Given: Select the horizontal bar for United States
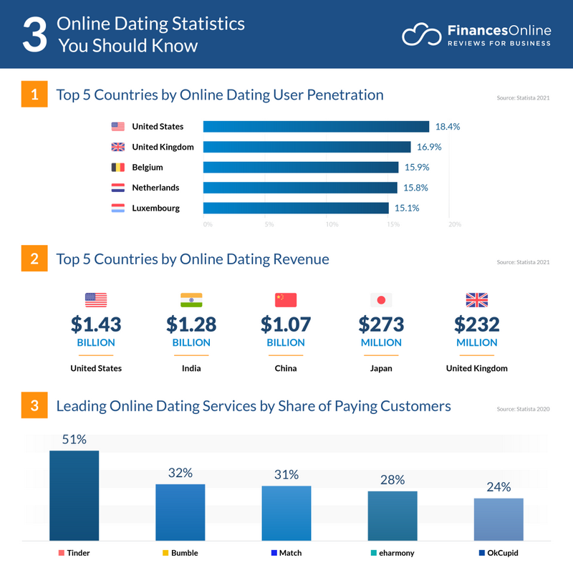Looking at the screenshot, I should click(316, 127).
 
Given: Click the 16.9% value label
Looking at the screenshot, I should click(428, 147).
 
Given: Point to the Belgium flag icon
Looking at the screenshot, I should click(118, 168).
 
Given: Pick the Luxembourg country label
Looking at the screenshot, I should click(155, 208).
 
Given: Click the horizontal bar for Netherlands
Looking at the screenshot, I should click(300, 188).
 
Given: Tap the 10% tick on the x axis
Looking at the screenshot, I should click(332, 224).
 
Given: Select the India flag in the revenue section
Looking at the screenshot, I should click(191, 299).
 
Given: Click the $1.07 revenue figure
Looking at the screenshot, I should click(286, 324).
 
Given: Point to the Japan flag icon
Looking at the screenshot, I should click(381, 299).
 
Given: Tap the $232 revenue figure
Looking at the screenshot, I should click(476, 324).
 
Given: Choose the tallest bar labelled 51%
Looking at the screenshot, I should click(74, 495).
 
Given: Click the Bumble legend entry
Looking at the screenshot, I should click(180, 553).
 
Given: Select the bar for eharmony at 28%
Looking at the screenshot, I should click(393, 515).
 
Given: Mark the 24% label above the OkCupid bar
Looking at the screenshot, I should click(499, 487).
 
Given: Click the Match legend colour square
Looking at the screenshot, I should click(274, 553).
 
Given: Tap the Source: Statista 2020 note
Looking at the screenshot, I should click(523, 409).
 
